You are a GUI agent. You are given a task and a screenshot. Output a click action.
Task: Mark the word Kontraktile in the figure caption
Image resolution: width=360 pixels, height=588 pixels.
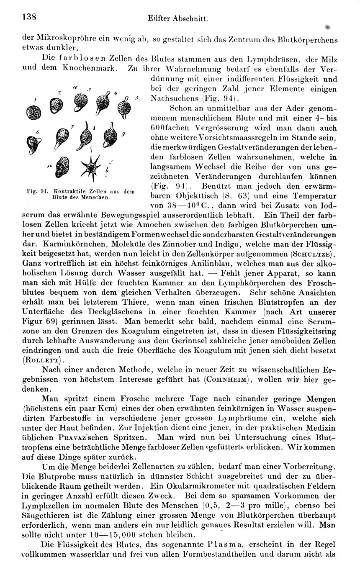coord(55,191)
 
